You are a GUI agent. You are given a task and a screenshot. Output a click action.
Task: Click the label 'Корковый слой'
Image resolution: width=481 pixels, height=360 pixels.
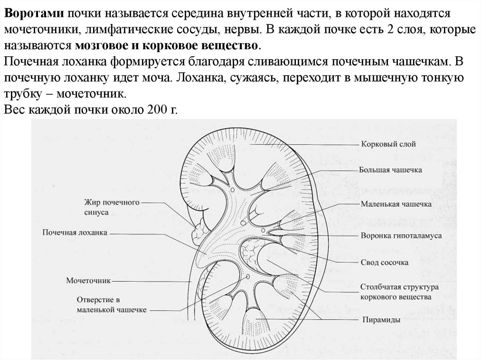(x=388, y=144)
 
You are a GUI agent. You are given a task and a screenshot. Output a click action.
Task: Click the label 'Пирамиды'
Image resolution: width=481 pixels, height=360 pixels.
(x=381, y=320)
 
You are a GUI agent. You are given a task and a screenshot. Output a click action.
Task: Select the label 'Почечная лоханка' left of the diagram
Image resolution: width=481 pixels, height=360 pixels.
(x=75, y=232)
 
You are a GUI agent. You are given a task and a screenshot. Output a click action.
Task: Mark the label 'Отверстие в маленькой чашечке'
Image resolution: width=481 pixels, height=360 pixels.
(x=112, y=304)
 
